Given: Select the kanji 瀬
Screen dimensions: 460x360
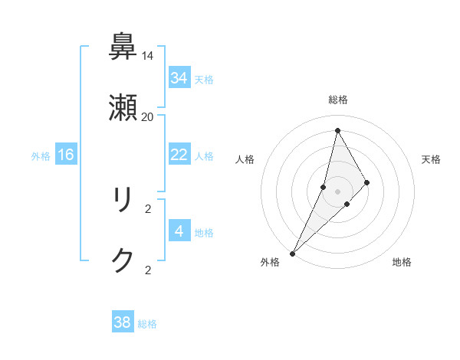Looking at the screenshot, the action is [123, 109].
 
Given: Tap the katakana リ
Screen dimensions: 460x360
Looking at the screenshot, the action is [123, 200].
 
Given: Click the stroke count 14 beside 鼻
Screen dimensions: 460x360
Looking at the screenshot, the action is [148, 56].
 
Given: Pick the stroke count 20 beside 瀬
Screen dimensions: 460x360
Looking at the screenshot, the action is [148, 117].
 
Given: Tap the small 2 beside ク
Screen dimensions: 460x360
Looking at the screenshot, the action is [148, 270].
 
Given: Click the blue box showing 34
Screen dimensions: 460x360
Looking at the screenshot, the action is [179, 78].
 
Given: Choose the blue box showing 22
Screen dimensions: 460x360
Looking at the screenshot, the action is [179, 155].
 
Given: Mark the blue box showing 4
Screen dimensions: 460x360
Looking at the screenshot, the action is [179, 231].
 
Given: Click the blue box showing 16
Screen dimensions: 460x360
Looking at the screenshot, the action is [66, 155].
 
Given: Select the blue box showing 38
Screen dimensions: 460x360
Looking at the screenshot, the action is [123, 322].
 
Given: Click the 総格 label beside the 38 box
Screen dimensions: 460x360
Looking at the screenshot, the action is [147, 324].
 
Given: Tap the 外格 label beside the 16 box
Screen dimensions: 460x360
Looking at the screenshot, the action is [41, 156].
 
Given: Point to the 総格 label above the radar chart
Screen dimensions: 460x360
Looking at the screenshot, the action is [338, 100].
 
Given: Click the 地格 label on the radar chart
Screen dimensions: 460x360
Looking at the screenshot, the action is [402, 263].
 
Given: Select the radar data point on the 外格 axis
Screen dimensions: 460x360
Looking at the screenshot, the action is [292, 254].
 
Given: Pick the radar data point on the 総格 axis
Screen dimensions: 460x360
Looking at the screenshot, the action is [337, 130].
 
